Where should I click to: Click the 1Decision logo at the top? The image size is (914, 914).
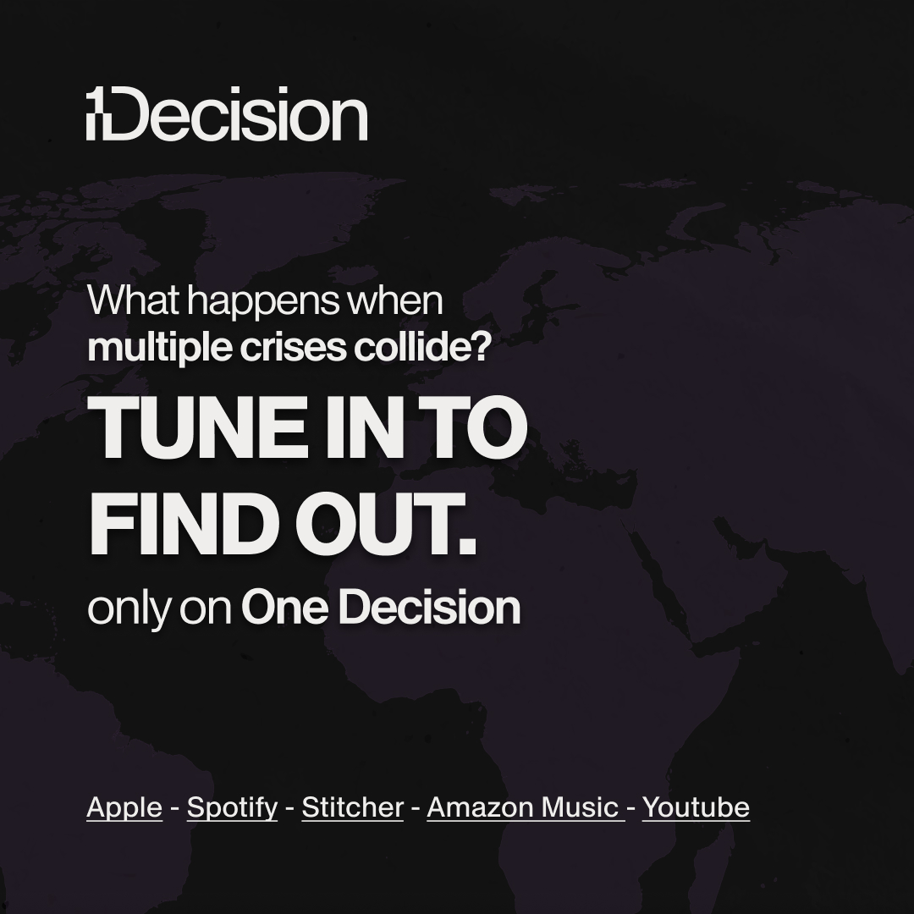[x=227, y=117]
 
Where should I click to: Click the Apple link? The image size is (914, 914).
[x=124, y=807]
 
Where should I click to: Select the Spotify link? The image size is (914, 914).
[x=232, y=807]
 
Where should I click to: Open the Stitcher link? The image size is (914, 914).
[x=352, y=807]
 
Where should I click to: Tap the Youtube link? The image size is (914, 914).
[x=696, y=807]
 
